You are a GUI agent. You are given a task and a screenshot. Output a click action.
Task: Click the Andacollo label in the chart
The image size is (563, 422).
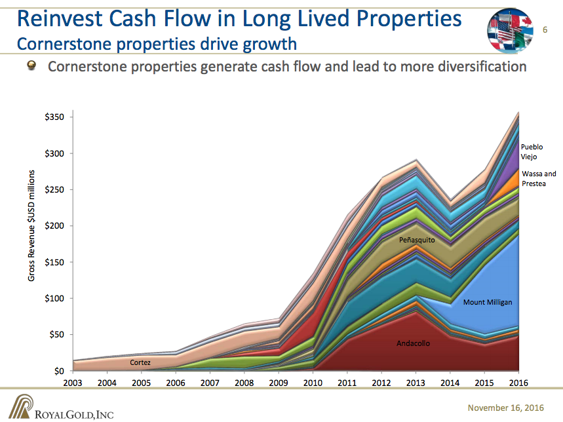tap(413, 343)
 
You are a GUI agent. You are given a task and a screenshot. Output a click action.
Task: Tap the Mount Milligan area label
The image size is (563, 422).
tap(487, 302)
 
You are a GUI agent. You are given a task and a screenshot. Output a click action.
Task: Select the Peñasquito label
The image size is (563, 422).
tap(417, 240)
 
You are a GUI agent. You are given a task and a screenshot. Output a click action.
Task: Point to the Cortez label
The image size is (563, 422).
tap(140, 362)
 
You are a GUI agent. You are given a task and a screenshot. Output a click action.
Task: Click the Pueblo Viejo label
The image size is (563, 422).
tap(532, 151)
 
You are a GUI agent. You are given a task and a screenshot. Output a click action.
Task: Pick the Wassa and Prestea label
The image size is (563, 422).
tap(539, 178)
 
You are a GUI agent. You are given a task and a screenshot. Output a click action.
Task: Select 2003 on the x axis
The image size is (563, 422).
tap(73, 383)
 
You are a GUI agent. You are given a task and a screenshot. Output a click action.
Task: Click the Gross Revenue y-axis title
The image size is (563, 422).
tap(31, 226)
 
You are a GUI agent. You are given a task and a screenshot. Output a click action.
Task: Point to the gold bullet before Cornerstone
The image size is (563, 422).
tap(31, 66)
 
